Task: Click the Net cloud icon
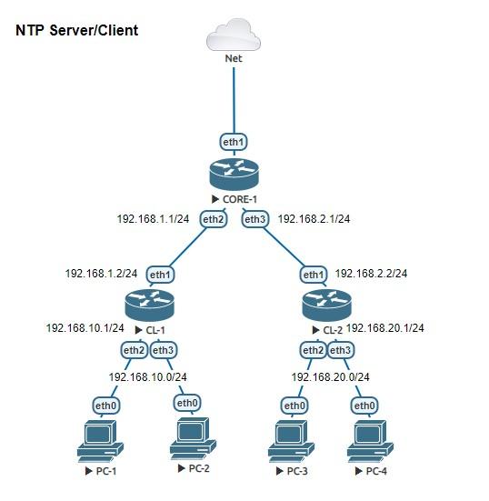(234, 35)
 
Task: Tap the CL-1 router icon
(149, 304)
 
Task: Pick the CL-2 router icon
(326, 304)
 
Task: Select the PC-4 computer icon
(369, 442)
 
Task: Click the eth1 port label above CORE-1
(234, 142)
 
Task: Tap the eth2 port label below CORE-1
(213, 219)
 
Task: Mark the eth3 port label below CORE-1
(254, 219)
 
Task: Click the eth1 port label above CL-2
(313, 274)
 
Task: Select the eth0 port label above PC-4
(364, 405)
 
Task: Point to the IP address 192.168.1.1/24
(153, 219)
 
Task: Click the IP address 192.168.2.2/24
(371, 273)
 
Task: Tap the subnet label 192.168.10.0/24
(148, 376)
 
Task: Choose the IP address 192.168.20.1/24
(385, 328)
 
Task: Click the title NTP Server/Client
(77, 31)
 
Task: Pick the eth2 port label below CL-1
(134, 350)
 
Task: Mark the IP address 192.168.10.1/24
(85, 327)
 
